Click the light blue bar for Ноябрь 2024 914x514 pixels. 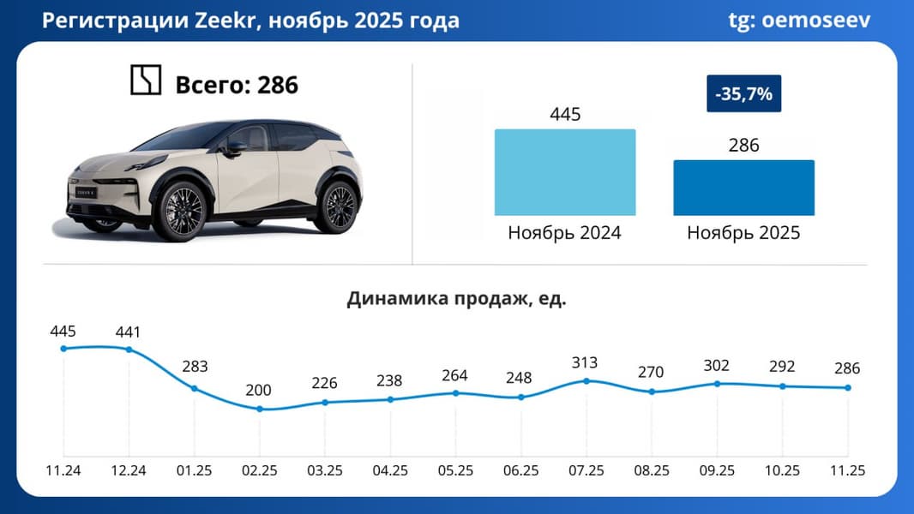coord(565,172)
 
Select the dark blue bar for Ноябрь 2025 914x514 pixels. coord(743,188)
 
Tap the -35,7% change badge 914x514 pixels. coord(743,94)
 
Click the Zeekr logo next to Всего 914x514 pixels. coord(145,81)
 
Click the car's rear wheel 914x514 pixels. coord(335,206)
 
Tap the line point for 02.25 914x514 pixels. coord(259,409)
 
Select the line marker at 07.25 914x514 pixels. coord(586,380)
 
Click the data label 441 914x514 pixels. coord(128,332)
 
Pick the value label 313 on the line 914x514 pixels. coord(585,362)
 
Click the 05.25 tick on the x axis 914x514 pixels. coord(454,471)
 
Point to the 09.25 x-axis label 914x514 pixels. coord(716,471)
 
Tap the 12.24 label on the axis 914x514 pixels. coord(128,471)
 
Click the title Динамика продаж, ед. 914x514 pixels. coord(456,299)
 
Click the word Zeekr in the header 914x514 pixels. coord(226,21)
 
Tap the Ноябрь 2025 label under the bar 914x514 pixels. coord(743,232)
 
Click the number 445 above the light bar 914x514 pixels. coord(565,115)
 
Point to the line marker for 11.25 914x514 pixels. coord(847,387)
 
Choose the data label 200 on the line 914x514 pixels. coord(258,391)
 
